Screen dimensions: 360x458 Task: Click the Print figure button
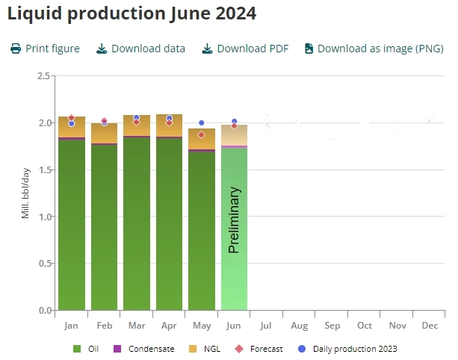tap(45, 49)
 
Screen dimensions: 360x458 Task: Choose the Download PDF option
tap(246, 49)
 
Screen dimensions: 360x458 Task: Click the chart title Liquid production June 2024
tap(131, 13)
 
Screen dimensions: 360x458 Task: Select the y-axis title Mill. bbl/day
tap(25, 193)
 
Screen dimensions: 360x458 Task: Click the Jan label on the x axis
tap(72, 326)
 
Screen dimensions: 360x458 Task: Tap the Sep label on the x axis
tap(332, 326)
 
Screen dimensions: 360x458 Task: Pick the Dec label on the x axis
tap(430, 326)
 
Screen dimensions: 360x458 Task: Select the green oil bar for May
tap(202, 232)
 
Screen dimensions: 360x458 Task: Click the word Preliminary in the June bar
tap(234, 220)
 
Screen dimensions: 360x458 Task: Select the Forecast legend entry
tap(259, 349)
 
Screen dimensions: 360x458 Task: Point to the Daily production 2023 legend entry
tap(350, 349)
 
